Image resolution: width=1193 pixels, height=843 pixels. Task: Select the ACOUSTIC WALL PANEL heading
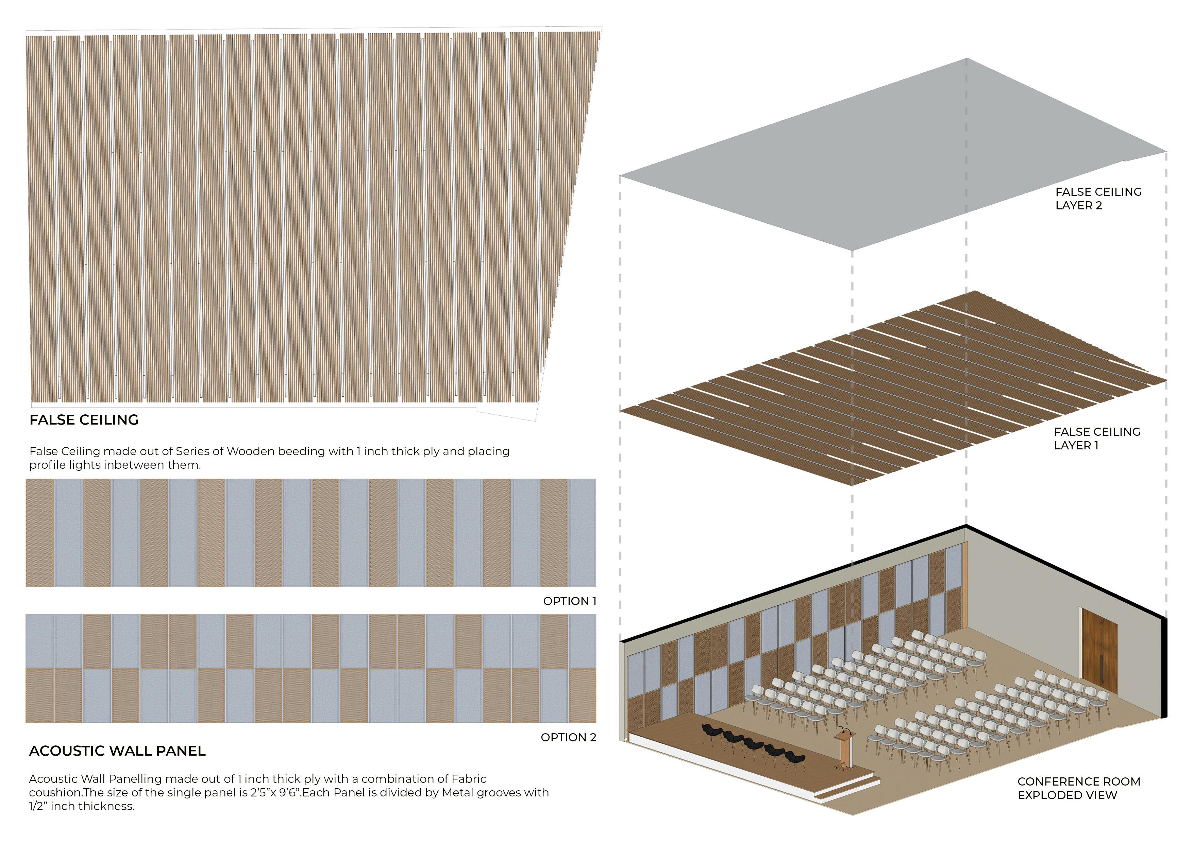click(117, 751)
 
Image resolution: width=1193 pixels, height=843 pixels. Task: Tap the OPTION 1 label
click(570, 601)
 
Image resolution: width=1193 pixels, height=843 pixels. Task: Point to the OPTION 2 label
click(568, 737)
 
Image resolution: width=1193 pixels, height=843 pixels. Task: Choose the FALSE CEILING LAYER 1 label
click(1097, 438)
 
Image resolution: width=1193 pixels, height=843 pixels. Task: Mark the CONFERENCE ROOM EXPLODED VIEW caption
click(1079, 788)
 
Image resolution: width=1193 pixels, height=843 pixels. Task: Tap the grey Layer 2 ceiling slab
click(894, 156)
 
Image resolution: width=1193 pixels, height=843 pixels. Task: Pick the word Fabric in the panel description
click(469, 779)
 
